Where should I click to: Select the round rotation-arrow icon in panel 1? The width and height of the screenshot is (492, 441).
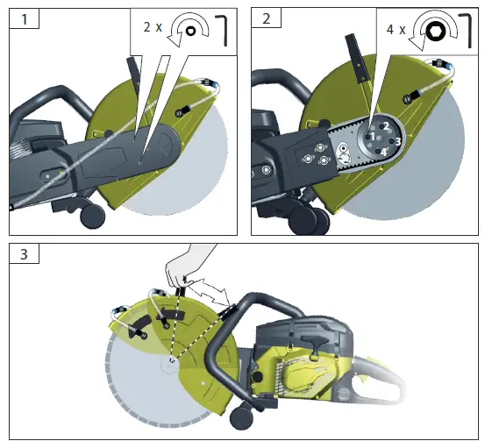click(187, 30)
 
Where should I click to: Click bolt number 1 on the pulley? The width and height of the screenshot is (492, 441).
click(371, 137)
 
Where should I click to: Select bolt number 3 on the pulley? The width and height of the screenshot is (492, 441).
click(396, 141)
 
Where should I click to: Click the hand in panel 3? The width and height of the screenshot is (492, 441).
click(189, 262)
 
